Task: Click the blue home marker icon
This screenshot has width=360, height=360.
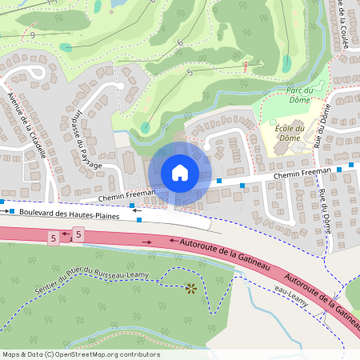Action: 180,172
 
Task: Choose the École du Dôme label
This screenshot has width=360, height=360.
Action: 290,133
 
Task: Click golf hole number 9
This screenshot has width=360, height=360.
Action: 32,35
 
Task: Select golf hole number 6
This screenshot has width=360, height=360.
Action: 181,42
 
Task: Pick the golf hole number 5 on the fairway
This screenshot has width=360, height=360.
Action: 190,73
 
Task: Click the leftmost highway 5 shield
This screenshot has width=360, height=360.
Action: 54,238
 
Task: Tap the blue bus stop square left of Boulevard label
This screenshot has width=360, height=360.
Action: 11,211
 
